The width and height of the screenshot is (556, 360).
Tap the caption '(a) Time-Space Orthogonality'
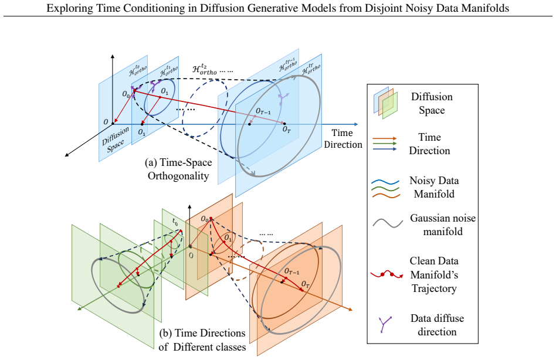178,169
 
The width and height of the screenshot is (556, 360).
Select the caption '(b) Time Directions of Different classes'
202,340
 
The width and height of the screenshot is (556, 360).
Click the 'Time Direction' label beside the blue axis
343,138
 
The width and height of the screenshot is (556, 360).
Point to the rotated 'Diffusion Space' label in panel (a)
116,140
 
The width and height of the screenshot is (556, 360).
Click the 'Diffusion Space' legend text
432,103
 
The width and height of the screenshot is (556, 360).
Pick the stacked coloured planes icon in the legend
385,103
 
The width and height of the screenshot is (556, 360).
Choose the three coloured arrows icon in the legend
385,144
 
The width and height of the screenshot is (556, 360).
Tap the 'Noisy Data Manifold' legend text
434,187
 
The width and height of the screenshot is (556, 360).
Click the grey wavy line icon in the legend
388,223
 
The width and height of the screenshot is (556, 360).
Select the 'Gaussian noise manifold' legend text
443,225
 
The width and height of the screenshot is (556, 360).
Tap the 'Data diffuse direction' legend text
437,325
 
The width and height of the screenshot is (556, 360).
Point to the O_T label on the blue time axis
287,130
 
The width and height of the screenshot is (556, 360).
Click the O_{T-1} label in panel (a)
263,111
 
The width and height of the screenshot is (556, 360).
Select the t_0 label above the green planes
175,222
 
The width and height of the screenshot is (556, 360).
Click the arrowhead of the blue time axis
356,124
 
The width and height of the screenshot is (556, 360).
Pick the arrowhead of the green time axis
79,310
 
